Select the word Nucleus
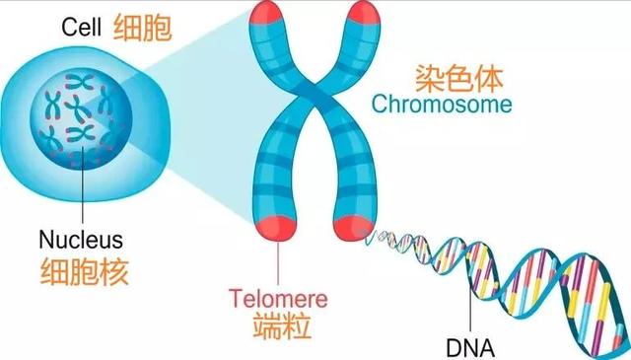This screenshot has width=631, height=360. (x=81, y=240)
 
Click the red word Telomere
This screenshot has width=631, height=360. (x=278, y=296)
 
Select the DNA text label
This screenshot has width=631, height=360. (x=471, y=347)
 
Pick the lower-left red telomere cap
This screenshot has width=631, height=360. (x=279, y=225)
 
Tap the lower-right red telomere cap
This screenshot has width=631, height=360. (x=352, y=226)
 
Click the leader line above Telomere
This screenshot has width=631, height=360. (x=280, y=261)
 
